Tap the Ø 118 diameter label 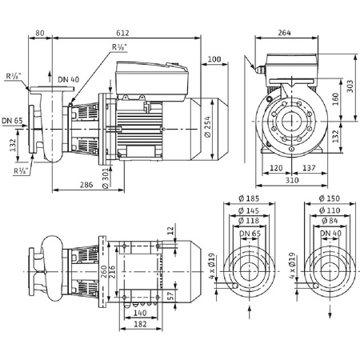250,222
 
